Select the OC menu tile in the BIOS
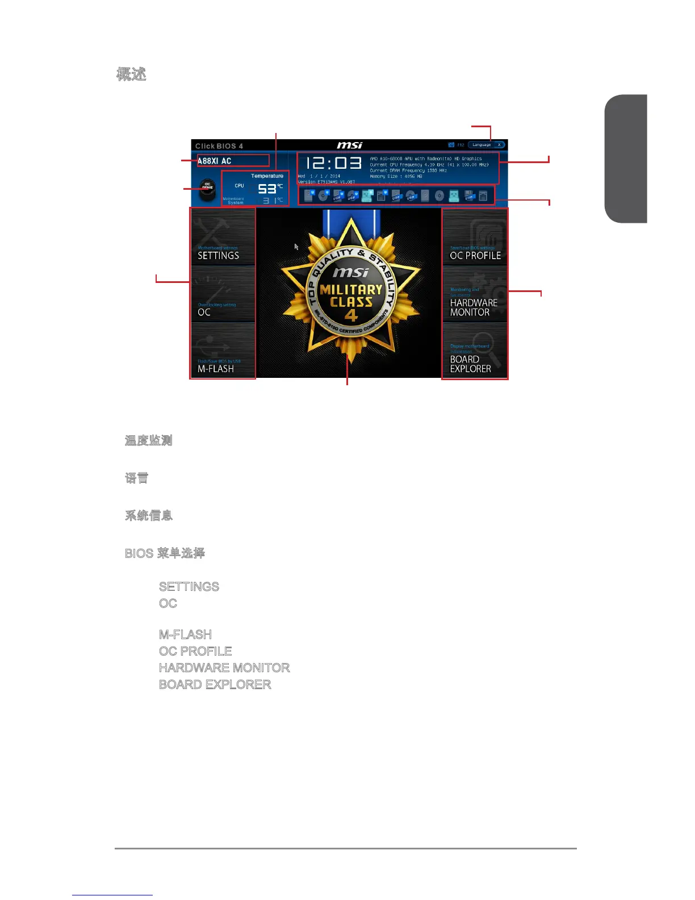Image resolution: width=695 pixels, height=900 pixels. (223, 294)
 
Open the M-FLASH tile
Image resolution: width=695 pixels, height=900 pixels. (223, 350)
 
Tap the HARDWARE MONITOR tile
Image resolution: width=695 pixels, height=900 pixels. (475, 294)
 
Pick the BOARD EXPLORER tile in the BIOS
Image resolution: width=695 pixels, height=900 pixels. (475, 350)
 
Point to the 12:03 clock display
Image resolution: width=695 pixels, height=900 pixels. (334, 164)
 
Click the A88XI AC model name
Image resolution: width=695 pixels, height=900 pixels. (215, 161)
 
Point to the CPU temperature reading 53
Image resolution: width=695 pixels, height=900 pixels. (267, 189)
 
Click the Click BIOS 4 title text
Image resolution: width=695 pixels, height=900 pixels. (219, 146)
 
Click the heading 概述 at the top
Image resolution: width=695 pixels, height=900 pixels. (131, 74)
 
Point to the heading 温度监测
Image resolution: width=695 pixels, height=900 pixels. (148, 440)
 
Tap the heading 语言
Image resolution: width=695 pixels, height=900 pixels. (136, 478)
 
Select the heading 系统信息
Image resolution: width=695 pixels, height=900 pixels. (148, 515)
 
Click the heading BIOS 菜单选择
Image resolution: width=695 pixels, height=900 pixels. (165, 553)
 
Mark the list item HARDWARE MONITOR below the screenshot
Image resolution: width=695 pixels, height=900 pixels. (224, 668)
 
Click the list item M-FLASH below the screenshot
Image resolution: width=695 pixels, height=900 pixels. (185, 635)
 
